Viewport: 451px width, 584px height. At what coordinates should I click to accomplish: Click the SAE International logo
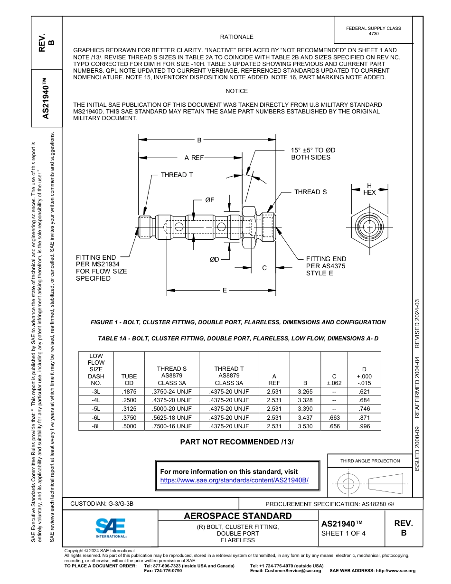click(x=111, y=527)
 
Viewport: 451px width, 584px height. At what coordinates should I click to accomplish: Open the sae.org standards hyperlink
click(x=234, y=480)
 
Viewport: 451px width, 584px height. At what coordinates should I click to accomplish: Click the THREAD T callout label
click(x=177, y=175)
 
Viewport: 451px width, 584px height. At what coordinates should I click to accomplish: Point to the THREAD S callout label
click(x=310, y=192)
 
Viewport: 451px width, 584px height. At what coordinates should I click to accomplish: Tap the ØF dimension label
click(x=210, y=200)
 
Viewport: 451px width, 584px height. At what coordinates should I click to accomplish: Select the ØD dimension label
click(x=215, y=259)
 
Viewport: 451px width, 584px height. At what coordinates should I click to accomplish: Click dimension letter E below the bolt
click(x=225, y=290)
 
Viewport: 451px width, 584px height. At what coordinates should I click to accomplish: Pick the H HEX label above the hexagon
click(x=369, y=189)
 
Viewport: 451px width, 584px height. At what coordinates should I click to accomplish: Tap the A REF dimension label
click(x=194, y=158)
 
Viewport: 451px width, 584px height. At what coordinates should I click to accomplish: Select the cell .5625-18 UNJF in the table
click(x=172, y=417)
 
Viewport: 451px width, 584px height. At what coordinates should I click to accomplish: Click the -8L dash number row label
click(x=96, y=426)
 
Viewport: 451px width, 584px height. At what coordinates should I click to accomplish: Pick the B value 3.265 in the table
click(x=305, y=392)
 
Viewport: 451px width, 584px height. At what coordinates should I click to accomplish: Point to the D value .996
click(x=364, y=426)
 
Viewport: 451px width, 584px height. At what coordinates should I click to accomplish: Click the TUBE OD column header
click(x=129, y=379)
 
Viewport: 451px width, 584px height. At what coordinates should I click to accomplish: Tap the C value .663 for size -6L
click(x=334, y=417)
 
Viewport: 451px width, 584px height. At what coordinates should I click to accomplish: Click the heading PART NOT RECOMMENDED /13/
click(x=237, y=442)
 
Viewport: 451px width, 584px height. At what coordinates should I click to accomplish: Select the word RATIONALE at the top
click(x=236, y=37)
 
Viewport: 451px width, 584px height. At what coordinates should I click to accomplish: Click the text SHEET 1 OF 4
click(x=343, y=533)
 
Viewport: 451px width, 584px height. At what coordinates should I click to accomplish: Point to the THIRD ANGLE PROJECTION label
click(x=370, y=461)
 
